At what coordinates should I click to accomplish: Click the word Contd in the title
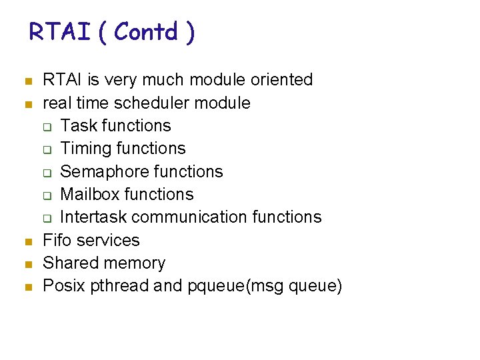click(146, 31)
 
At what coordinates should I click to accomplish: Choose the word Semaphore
click(99, 171)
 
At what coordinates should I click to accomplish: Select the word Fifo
click(57, 240)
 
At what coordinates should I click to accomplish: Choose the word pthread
click(119, 286)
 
